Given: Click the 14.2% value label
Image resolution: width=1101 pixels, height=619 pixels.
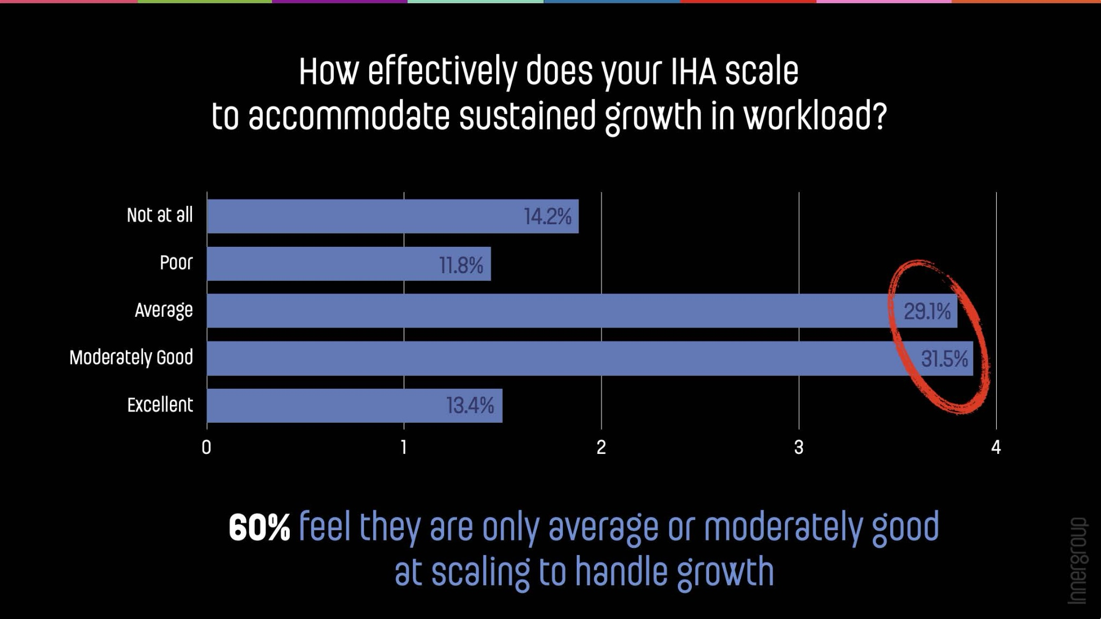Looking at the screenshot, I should [547, 217].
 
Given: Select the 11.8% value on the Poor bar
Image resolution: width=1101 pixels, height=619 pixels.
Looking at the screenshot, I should [461, 265].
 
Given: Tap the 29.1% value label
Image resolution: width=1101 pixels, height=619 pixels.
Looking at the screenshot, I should [927, 311].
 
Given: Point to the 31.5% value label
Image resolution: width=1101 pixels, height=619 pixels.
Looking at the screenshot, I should [944, 359].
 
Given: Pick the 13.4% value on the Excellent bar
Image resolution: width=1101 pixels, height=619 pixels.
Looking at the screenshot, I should [469, 405].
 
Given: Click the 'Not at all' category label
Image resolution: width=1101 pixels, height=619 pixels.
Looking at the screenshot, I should [160, 215].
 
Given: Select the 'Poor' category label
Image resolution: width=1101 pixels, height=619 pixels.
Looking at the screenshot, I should [176, 263].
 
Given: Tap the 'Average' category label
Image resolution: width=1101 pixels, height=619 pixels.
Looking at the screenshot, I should [163, 311].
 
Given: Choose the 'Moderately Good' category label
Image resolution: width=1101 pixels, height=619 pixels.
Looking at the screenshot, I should [131, 358].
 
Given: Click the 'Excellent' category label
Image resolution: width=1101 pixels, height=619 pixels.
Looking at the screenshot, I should [160, 405].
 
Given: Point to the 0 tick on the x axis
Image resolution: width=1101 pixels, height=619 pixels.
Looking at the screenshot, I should [206, 447].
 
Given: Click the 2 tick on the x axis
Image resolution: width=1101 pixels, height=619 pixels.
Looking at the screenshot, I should [601, 447].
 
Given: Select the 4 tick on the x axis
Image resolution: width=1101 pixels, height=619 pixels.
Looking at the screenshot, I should [996, 447].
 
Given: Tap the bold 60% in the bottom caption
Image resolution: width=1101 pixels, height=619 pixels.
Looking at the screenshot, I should [259, 528].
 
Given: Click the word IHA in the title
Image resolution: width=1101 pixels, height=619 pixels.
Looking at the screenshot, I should [694, 72].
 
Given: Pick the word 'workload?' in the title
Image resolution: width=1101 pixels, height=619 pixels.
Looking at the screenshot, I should [815, 117].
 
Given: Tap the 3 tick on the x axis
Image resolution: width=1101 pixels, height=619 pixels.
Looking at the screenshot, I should [798, 447].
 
